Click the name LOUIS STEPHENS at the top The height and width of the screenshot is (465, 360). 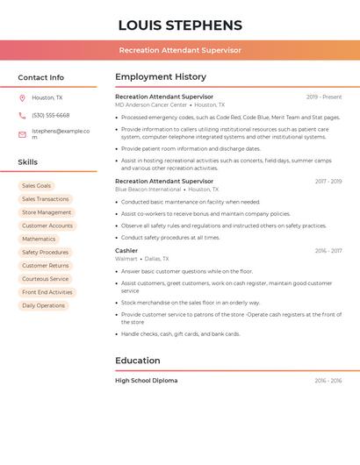pyautogui.click(x=180, y=25)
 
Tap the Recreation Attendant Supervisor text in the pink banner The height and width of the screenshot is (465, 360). pyautogui.click(x=180, y=50)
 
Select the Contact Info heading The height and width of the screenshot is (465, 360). pyautogui.click(x=41, y=77)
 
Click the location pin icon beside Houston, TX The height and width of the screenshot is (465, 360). pyautogui.click(x=22, y=97)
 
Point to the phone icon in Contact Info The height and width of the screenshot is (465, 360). pyautogui.click(x=22, y=116)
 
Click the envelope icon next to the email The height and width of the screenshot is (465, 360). pyautogui.click(x=22, y=134)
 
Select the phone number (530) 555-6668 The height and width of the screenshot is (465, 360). pyautogui.click(x=51, y=116)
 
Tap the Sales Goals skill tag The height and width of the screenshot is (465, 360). pyautogui.click(x=37, y=186)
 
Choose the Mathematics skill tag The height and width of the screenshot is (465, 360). pyautogui.click(x=39, y=239)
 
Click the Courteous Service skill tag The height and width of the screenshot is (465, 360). pyautogui.click(x=46, y=279)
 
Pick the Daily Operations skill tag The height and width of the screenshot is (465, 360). pyautogui.click(x=44, y=305)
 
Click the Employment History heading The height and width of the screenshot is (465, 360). pyautogui.click(x=161, y=77)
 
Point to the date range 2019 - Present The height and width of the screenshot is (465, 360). pyautogui.click(x=324, y=97)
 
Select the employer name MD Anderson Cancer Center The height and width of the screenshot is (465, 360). pyautogui.click(x=151, y=105)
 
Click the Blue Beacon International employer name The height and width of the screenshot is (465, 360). pyautogui.click(x=148, y=190)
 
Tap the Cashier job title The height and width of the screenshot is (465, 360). pyautogui.click(x=126, y=251)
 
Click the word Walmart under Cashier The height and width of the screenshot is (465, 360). pyautogui.click(x=126, y=259)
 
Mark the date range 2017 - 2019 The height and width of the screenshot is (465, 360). pyautogui.click(x=328, y=182)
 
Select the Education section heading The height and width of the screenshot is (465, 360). pyautogui.click(x=138, y=361)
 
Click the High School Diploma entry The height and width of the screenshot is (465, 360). pyautogui.click(x=147, y=381)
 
